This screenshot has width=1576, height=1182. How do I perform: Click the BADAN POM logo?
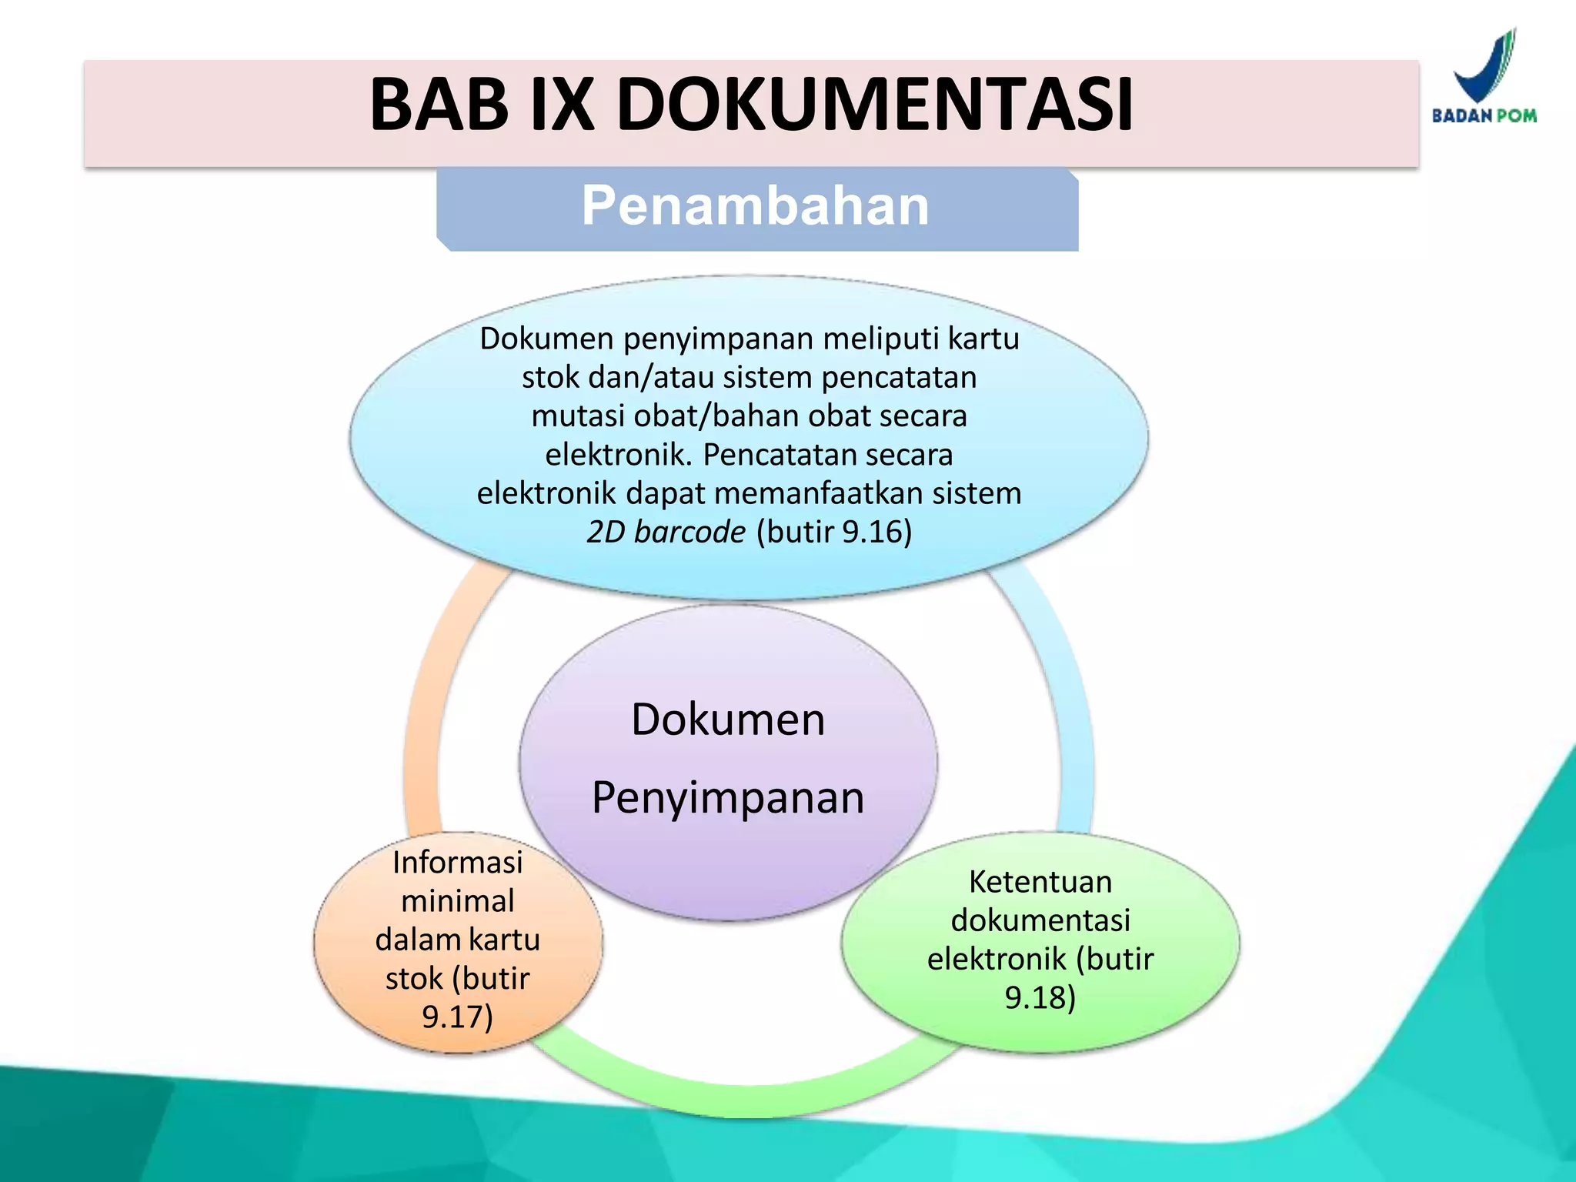1484,78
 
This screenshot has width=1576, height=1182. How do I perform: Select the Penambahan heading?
756,206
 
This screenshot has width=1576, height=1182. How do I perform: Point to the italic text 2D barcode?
666,532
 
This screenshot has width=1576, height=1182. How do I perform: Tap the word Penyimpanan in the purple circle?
728,797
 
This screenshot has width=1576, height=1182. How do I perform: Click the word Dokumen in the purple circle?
728,720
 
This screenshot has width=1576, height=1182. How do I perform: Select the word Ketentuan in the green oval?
1040,882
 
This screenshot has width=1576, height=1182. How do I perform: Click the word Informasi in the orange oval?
457,862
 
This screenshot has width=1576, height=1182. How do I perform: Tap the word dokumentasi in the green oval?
1040,920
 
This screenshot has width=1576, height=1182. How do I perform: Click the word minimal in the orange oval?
457,901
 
